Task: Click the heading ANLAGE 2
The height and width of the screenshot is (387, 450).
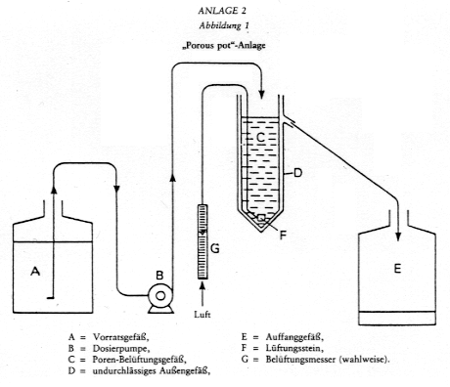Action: [222, 11]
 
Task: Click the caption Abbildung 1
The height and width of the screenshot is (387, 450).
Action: [224, 25]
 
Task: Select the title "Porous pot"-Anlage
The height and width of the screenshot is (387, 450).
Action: [224, 45]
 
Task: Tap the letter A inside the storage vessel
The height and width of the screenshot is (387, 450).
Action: [35, 271]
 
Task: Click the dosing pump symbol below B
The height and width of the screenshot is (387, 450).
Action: [160, 298]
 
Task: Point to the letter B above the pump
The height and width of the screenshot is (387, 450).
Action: [159, 276]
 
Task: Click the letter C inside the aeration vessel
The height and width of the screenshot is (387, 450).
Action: [260, 138]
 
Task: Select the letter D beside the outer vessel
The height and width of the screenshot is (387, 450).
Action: [297, 173]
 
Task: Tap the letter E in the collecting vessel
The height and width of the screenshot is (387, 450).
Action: [397, 269]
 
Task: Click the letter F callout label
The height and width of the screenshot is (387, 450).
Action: [283, 235]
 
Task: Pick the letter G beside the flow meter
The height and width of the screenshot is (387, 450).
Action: [215, 249]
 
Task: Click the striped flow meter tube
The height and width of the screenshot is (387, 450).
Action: [202, 241]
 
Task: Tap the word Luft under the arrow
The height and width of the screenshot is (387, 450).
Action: [202, 315]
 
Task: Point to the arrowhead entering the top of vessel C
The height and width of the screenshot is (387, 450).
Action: [261, 94]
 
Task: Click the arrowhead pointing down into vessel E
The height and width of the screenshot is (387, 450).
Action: [398, 236]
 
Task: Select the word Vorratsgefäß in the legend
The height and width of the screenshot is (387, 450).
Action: [121, 337]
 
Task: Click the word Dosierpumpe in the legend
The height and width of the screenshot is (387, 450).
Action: [121, 349]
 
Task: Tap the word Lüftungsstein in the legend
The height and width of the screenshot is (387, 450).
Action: [294, 348]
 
